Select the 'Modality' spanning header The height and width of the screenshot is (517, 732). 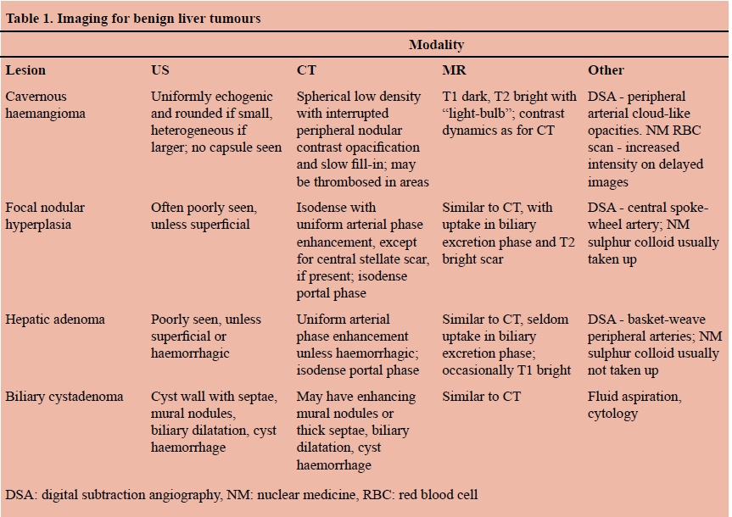(436, 45)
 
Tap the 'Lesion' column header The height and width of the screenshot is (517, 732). (25, 70)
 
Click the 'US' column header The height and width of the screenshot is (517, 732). (160, 70)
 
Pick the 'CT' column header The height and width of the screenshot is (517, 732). (306, 70)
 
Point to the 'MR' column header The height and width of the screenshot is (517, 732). (454, 70)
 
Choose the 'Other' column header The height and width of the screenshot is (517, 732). (606, 70)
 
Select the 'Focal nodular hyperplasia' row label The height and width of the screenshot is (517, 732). (45, 215)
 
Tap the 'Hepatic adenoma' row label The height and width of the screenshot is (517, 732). (55, 320)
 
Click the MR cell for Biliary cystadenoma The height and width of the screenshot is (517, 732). (481, 396)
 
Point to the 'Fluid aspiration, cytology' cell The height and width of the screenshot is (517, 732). (634, 404)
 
